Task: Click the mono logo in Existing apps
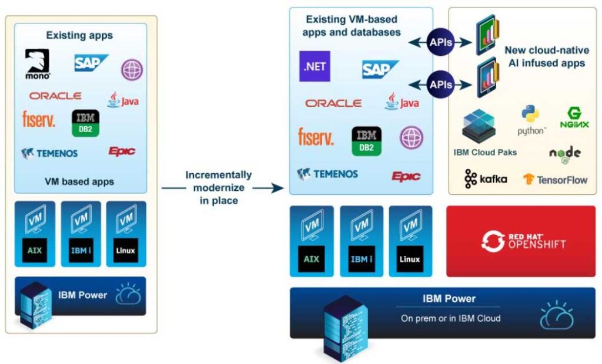38,64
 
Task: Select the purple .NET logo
315,66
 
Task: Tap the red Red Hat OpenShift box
521,241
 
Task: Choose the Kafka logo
486,179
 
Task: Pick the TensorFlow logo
555,179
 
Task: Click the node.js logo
564,154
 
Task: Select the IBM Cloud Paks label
485,152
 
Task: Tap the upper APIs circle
440,42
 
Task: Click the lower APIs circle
440,85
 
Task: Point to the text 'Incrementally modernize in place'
218,188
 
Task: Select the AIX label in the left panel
35,250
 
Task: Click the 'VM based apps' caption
79,181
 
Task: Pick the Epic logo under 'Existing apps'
122,151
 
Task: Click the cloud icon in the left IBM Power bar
128,295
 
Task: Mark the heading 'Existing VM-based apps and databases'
352,26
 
